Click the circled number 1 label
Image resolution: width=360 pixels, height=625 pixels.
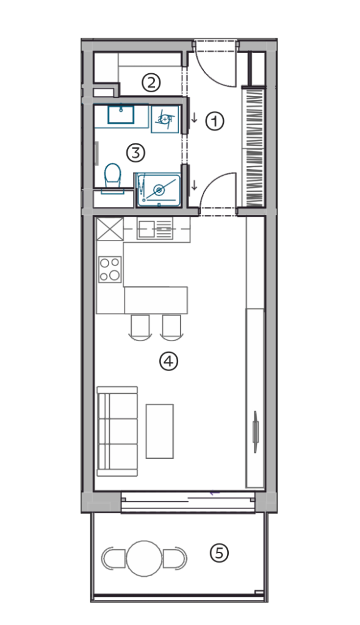(x=215, y=121)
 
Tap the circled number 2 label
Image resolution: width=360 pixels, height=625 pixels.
(x=151, y=83)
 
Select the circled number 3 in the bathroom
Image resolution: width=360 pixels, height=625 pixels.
(x=135, y=153)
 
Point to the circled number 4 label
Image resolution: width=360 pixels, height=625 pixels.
(x=168, y=361)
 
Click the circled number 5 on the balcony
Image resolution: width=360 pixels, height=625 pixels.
(x=219, y=553)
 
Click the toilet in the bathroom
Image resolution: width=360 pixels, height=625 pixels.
(x=113, y=176)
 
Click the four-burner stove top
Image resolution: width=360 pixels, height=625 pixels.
(x=110, y=269)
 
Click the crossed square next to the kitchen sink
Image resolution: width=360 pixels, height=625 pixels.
(x=110, y=229)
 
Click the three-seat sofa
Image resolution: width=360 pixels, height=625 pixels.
(x=117, y=432)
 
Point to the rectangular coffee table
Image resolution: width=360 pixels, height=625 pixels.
(x=159, y=431)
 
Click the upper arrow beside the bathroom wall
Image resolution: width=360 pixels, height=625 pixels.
(x=195, y=118)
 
